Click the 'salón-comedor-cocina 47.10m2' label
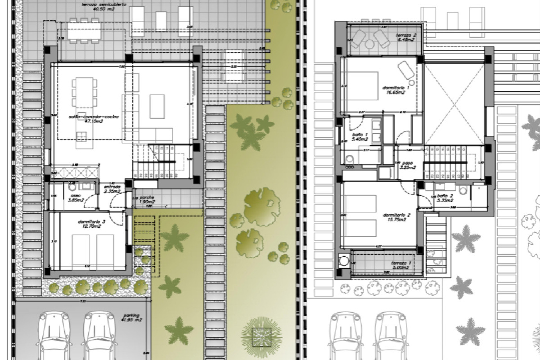(x=94, y=119)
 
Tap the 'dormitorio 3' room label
(x=92, y=224)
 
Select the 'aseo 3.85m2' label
(x=76, y=198)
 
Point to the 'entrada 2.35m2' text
(x=112, y=189)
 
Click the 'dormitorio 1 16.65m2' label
(x=396, y=90)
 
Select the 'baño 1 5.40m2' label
(x=360, y=137)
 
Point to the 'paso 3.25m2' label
(x=408, y=165)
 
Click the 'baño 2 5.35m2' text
(x=445, y=198)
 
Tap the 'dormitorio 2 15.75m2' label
(x=397, y=217)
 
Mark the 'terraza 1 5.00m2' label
(x=401, y=265)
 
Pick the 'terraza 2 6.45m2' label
(x=406, y=37)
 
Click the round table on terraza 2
(x=370, y=44)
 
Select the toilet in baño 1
(x=350, y=159)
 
